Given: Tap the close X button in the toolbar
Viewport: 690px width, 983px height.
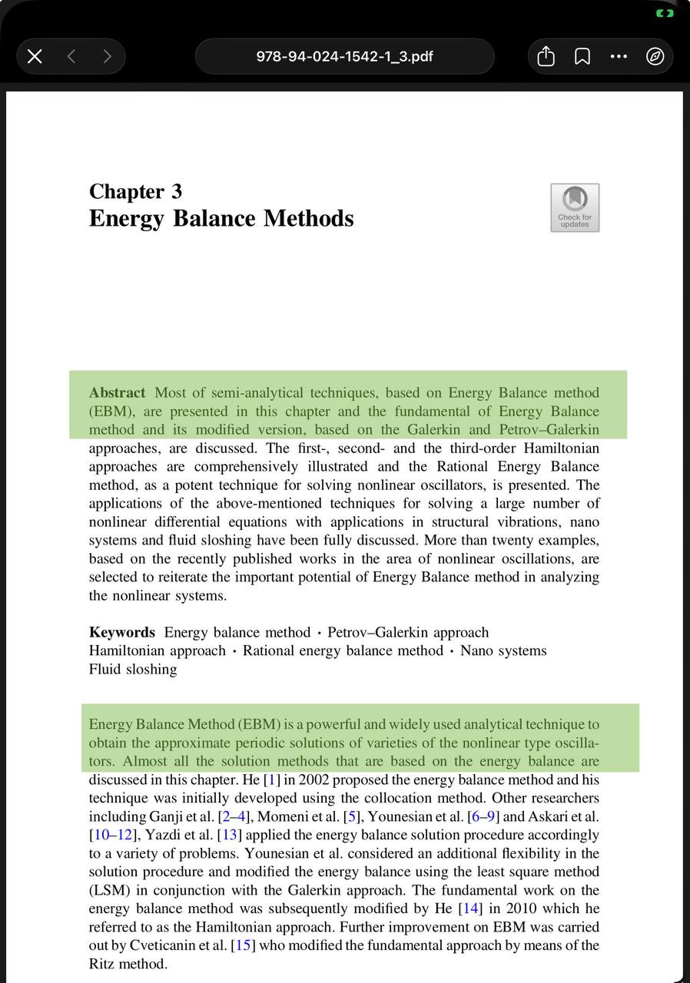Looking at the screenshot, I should [35, 56].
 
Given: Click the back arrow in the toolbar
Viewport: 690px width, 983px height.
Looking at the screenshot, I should [71, 56].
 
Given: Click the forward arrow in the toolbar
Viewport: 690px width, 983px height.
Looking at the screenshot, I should [107, 56].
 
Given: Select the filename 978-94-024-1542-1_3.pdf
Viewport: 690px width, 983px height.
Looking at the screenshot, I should [344, 56].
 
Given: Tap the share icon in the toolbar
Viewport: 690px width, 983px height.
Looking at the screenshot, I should [546, 56].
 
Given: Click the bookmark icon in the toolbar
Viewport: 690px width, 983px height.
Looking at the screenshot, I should [582, 56].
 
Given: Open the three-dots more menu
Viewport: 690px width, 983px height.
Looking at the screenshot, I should [619, 56].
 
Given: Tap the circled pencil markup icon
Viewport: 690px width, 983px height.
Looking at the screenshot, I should [655, 56].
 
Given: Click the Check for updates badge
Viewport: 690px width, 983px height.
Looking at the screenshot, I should [575, 207].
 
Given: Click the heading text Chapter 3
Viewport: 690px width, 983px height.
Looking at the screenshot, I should [135, 191].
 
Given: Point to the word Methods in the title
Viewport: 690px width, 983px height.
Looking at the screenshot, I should [309, 218].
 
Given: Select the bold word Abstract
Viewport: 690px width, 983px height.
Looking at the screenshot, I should [117, 393].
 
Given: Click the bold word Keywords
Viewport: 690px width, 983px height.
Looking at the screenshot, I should [121, 633].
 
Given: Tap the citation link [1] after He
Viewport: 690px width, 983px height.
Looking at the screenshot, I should [272, 780].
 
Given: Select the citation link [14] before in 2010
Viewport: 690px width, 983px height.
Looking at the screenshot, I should [470, 909].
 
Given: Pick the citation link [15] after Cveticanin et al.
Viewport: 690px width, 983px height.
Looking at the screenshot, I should [242, 946].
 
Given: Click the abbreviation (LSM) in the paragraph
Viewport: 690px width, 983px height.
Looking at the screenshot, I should [109, 891].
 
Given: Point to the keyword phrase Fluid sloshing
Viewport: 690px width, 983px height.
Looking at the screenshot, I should [133, 670].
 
